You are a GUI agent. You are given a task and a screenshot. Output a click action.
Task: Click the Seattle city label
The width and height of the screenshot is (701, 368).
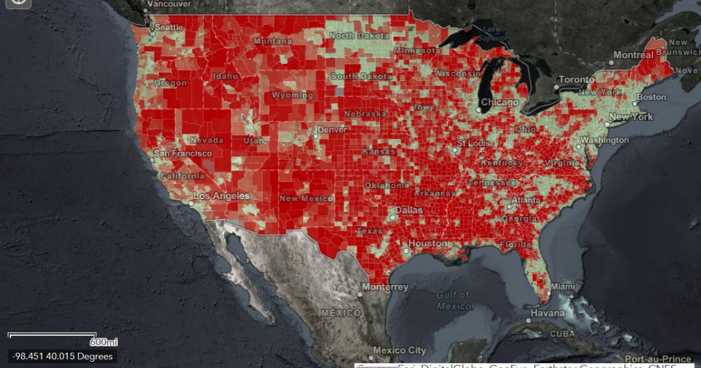tap(169, 27)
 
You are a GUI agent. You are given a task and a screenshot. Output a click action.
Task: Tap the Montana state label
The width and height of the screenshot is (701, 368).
tap(272, 41)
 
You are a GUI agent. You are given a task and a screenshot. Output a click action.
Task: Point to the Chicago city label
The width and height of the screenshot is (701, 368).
tap(499, 103)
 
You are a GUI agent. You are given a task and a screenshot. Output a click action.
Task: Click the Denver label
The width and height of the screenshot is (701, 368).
tap(332, 129)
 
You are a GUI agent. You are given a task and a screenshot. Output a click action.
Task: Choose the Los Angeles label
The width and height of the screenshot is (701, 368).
tap(221, 196)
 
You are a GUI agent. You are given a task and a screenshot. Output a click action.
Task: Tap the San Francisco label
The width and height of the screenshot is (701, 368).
tap(183, 153)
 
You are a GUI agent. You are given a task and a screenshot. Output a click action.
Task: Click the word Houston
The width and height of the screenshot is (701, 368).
tap(428, 243)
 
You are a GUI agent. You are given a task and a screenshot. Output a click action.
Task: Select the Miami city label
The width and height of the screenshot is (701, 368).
tap(563, 287)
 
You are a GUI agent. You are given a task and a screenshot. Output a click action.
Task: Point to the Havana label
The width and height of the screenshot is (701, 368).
tap(548, 313)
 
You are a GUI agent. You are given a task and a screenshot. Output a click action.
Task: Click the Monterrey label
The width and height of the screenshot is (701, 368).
tap(385, 287)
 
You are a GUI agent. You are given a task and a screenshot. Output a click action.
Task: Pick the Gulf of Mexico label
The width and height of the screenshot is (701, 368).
tap(453, 301)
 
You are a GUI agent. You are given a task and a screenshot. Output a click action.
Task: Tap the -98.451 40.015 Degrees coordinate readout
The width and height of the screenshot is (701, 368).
tap(61, 356)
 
